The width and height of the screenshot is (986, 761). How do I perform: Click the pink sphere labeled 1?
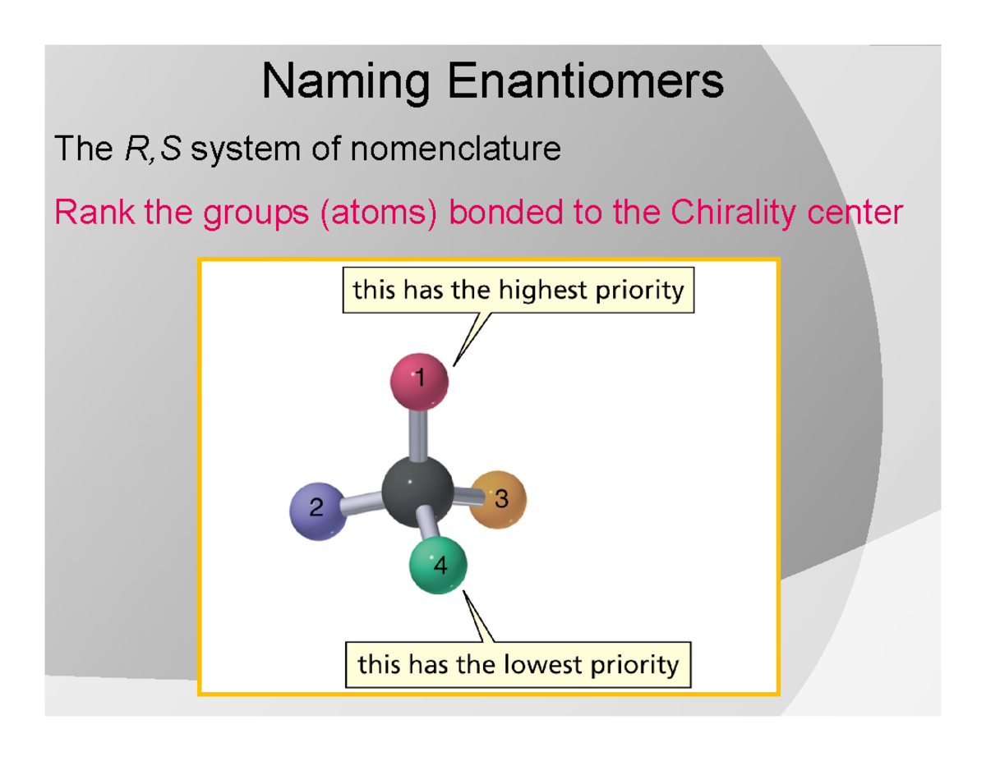point(418,381)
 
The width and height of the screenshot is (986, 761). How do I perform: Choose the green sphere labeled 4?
point(439,566)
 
